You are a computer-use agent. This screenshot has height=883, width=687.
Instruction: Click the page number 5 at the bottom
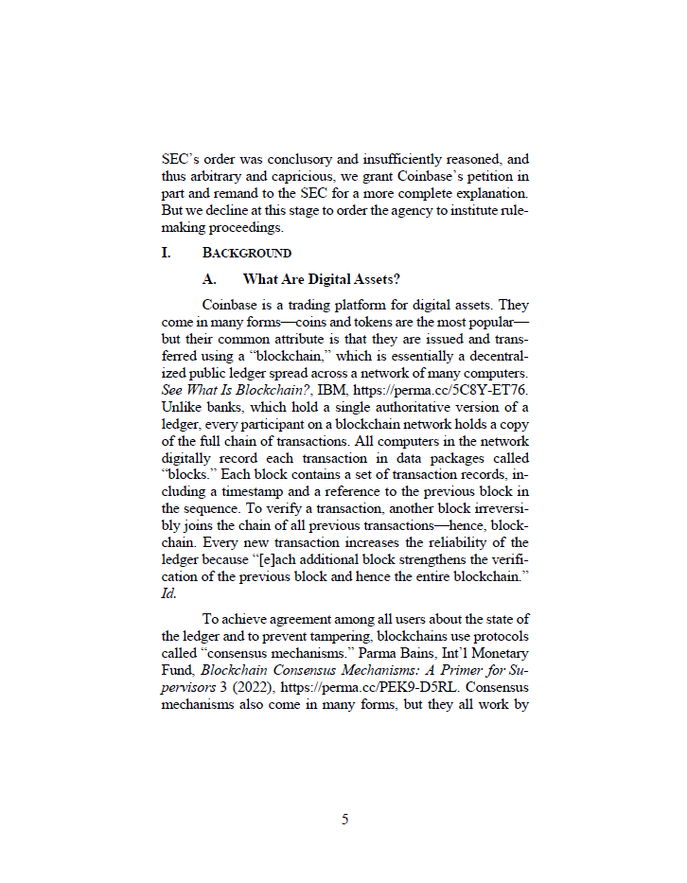tap(344, 820)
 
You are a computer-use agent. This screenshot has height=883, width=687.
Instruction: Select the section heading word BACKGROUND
tap(247, 254)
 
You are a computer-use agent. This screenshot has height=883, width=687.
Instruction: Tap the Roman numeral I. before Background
tap(167, 254)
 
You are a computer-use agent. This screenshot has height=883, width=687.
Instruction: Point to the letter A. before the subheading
tap(210, 278)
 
